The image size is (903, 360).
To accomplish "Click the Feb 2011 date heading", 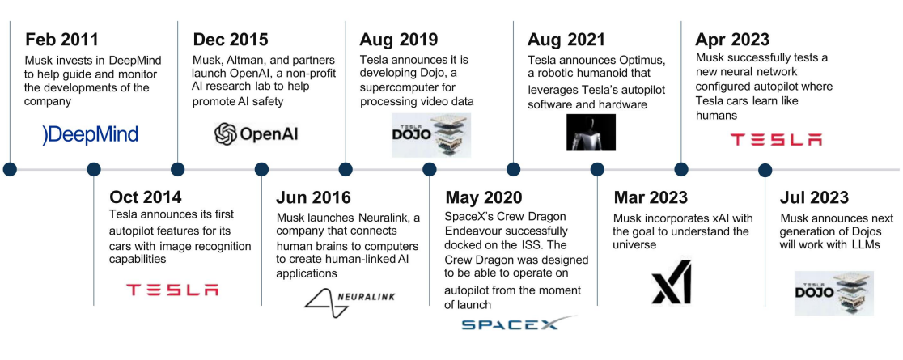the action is pos(61,40).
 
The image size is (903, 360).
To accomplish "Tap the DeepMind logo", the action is pos(91,135).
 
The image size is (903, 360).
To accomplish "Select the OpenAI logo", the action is pos(256,134).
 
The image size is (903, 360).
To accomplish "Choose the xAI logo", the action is pos(672,282).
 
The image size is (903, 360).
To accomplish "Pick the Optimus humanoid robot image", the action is pos(591,133).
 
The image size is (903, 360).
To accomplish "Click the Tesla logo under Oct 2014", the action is pos(172,289).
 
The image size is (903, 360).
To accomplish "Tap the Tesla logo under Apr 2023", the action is pos(776,139).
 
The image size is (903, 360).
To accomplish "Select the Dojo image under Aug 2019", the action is pos(431,135).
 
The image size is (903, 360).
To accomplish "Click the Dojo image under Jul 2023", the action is pos(834,293).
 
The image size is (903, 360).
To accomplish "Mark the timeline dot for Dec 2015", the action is pos(177,169).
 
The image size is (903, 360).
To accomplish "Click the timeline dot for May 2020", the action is pos(429,169).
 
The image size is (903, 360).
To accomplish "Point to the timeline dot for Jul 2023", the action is pos(765,170).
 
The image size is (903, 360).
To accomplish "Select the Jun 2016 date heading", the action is pos(313,197).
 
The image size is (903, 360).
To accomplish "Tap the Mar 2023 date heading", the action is pos(651,197).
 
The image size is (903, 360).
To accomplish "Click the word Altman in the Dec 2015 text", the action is pos(246,60).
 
